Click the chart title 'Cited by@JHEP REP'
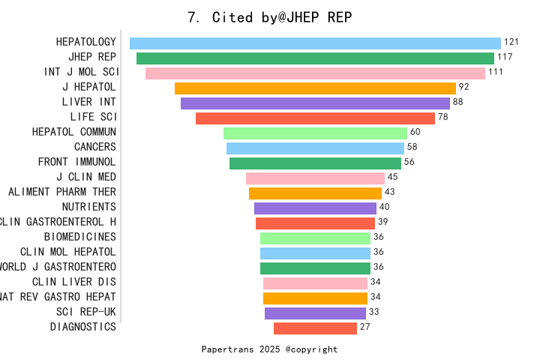point(269,17)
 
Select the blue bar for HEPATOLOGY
point(315,43)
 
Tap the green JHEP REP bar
point(315,58)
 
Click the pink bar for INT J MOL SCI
point(315,73)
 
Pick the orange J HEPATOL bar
point(315,88)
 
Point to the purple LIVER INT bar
point(315,103)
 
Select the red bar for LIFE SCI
point(315,118)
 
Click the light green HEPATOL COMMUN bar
point(315,133)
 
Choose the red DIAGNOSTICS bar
point(315,328)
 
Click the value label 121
point(511,42)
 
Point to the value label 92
point(463,87)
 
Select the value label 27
point(365,327)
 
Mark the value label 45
point(392,177)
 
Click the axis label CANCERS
point(95,147)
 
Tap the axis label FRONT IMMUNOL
point(77,162)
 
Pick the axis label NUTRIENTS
point(89,207)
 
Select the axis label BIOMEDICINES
point(80,237)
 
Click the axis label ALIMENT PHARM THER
point(62,192)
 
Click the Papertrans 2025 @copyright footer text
point(269,349)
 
